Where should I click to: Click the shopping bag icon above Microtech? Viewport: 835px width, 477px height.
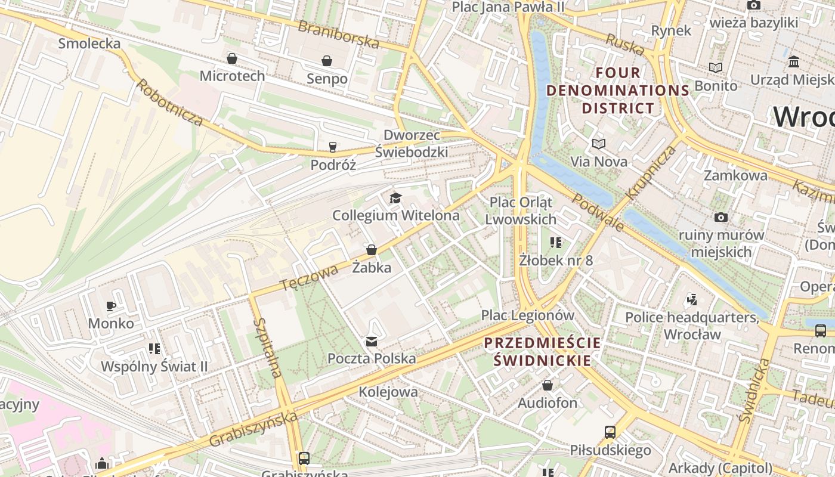(232, 58)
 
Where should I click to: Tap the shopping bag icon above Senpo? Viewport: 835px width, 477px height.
(327, 61)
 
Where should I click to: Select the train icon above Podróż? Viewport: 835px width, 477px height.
(333, 147)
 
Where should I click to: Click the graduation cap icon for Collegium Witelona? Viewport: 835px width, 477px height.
(395, 198)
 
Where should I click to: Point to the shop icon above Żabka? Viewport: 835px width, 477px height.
(372, 250)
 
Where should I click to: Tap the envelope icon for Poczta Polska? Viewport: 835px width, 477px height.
(372, 341)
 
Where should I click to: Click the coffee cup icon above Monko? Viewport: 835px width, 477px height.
(110, 306)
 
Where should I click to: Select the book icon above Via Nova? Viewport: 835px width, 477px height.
(598, 144)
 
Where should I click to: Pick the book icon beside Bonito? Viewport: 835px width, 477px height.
(716, 68)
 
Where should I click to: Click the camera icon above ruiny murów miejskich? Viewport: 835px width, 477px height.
(720, 217)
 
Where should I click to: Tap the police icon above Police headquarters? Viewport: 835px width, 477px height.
(692, 299)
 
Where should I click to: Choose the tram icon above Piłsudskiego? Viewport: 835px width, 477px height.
(610, 432)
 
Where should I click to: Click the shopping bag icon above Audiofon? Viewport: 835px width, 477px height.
(547, 386)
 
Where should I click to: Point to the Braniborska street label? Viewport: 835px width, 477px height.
(338, 34)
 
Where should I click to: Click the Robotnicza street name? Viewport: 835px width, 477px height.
(169, 101)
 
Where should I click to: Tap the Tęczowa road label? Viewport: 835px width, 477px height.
(309, 278)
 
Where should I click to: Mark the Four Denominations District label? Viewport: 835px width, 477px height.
(618, 91)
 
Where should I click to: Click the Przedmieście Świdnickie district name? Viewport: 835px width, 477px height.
(542, 352)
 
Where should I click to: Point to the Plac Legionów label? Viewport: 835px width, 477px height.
(528, 315)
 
